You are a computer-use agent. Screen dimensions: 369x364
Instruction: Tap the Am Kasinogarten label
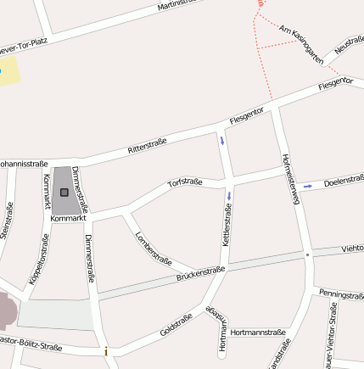301,45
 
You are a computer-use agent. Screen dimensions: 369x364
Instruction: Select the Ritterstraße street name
147,145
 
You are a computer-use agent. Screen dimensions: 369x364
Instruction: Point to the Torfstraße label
184,182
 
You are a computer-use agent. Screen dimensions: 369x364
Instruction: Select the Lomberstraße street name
154,247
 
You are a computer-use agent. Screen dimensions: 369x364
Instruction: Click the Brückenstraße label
200,273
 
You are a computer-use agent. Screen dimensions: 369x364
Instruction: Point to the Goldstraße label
176,323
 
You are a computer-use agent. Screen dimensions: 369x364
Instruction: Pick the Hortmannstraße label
257,333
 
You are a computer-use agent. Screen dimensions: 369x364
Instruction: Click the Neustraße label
349,45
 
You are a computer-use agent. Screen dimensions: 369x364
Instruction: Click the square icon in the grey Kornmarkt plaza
64,193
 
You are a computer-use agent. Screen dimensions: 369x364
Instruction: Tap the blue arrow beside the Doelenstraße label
307,185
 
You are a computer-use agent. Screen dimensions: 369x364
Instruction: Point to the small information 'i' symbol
106,351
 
